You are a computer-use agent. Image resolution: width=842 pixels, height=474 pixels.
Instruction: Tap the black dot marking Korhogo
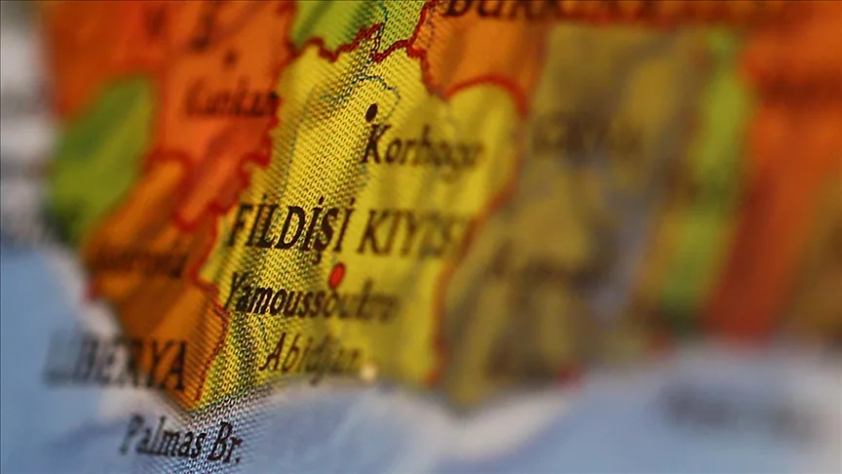(x=371, y=112)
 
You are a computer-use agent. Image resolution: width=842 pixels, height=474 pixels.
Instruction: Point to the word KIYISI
(x=409, y=234)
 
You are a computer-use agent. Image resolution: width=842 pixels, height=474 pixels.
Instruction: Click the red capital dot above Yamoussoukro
(x=336, y=275)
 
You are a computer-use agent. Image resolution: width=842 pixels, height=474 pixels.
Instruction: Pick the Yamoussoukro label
(x=312, y=297)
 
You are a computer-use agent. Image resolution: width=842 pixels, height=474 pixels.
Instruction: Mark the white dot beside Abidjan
(x=368, y=372)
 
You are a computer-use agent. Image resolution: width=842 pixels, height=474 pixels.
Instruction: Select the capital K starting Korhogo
(x=374, y=143)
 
